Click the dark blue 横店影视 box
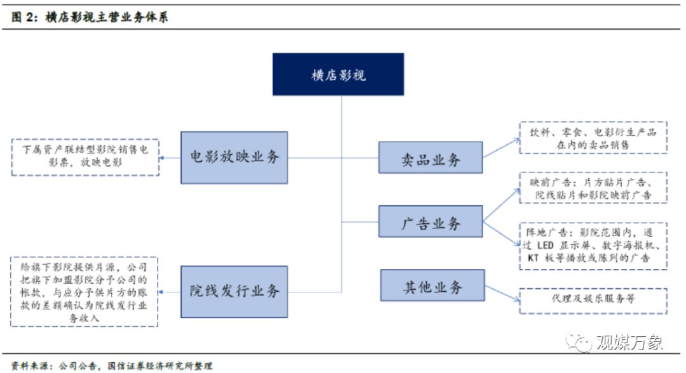[338, 75]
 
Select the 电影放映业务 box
[234, 157]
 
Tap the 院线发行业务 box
[234, 291]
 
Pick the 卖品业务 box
[430, 159]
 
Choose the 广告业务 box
[430, 223]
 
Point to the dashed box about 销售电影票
[84, 157]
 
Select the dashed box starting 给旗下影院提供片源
[84, 291]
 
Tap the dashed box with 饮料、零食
[593, 138]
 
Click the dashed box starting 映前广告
[593, 187]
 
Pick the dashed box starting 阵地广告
[593, 246]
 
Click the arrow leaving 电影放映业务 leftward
[170, 157]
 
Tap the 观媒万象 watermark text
[629, 343]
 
